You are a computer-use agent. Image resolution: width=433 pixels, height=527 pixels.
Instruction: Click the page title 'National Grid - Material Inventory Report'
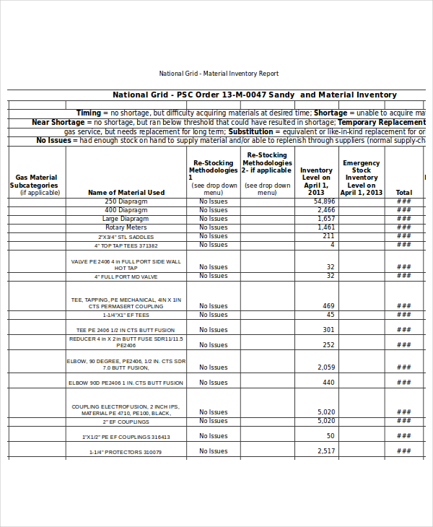(218, 74)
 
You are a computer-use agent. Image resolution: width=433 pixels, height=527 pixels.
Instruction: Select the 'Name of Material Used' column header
(126, 193)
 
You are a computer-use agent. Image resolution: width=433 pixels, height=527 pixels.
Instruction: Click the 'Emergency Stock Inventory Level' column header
(361, 178)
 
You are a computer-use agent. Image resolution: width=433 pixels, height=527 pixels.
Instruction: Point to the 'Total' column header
(404, 193)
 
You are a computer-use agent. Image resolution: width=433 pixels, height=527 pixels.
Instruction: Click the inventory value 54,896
(325, 201)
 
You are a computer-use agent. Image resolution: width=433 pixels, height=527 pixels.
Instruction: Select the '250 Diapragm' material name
(126, 201)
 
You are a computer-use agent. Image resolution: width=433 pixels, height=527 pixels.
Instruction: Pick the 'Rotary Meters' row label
(126, 227)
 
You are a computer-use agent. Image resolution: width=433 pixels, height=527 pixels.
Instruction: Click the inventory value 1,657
(326, 219)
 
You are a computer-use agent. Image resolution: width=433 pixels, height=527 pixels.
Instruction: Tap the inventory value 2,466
(326, 210)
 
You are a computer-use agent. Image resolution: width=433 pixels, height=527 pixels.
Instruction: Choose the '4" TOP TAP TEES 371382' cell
(126, 245)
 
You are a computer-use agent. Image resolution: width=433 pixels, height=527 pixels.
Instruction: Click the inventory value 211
(328, 236)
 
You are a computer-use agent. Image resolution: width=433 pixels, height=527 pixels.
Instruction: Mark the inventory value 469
(328, 306)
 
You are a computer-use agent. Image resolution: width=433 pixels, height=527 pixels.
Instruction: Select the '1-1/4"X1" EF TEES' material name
(126, 315)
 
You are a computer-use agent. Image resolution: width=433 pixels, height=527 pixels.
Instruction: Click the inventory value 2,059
(326, 367)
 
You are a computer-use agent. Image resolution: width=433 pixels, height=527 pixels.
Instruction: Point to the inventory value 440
(328, 383)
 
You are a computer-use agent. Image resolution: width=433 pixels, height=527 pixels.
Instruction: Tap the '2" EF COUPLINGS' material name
(126, 422)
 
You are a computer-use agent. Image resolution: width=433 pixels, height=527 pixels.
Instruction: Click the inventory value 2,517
(326, 451)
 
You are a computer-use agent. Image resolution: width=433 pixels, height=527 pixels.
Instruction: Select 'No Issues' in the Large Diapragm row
(213, 219)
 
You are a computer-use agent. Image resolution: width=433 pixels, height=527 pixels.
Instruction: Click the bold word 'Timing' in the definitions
(88, 113)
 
